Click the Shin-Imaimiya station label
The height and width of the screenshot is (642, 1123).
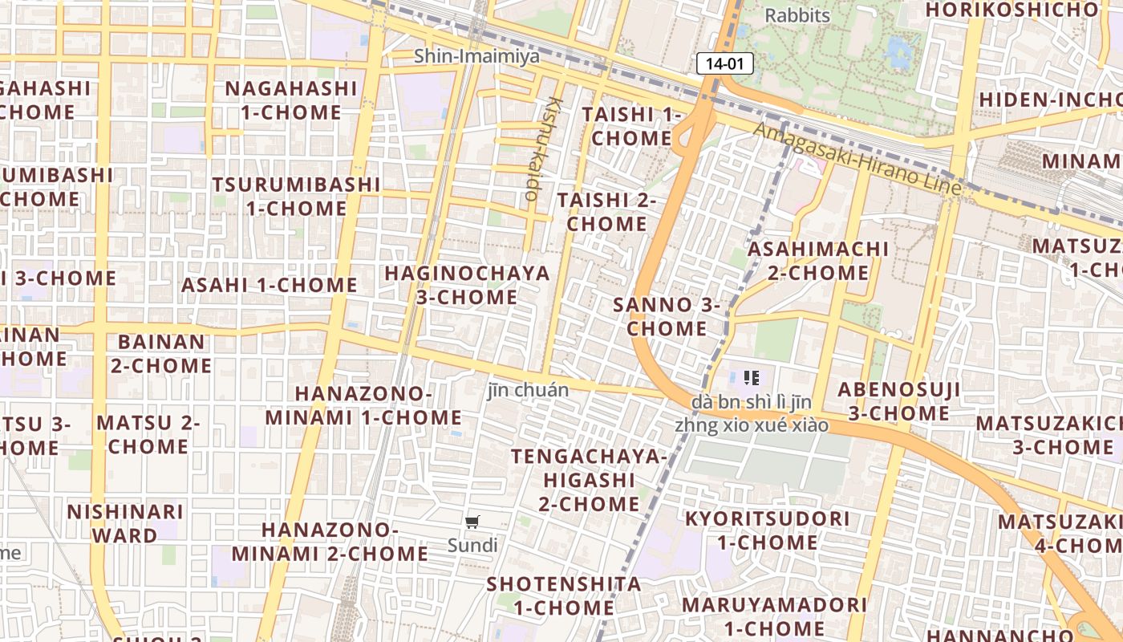(476, 57)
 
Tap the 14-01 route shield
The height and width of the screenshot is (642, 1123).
(724, 63)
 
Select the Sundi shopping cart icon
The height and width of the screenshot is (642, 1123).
(472, 522)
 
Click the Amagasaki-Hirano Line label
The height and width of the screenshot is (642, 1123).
(857, 158)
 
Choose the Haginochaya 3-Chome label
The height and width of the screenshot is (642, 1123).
(467, 285)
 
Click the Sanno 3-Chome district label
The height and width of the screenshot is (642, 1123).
(667, 316)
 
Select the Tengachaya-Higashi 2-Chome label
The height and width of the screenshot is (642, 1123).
(590, 480)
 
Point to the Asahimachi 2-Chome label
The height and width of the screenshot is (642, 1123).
(817, 261)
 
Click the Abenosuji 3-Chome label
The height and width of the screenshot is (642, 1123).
(898, 401)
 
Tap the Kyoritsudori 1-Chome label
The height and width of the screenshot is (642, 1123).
(766, 530)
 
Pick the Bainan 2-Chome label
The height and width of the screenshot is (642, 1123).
(161, 353)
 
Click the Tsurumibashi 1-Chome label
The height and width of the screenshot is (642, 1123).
(296, 196)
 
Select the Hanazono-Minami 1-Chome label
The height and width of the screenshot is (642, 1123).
(363, 405)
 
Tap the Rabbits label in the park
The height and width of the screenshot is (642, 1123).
(797, 15)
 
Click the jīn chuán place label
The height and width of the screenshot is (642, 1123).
(528, 390)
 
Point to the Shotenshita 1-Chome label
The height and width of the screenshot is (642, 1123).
(564, 595)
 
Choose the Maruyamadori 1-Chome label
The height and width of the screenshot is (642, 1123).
(774, 616)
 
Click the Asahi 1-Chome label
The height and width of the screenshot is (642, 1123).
(269, 285)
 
